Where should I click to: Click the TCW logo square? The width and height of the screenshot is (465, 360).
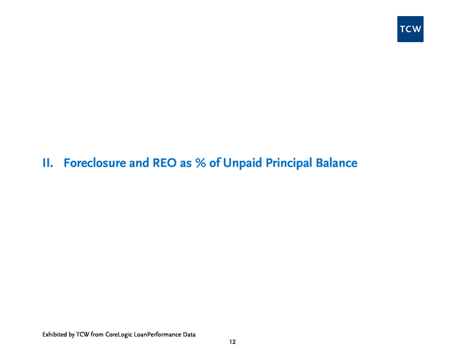(x=410, y=29)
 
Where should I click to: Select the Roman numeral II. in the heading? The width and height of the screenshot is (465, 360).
(x=48, y=163)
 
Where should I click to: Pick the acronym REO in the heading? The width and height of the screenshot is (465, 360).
(x=165, y=163)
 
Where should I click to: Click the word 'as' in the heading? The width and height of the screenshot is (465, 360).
(x=186, y=164)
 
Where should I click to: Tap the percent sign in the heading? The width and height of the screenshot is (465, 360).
(x=201, y=163)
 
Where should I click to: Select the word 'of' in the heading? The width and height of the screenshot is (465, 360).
(x=215, y=163)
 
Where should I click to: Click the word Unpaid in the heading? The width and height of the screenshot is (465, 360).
(x=243, y=163)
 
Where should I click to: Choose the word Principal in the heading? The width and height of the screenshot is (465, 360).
(x=289, y=164)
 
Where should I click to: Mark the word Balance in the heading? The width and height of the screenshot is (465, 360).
(x=336, y=163)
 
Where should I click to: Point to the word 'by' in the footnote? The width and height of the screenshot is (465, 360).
(x=71, y=335)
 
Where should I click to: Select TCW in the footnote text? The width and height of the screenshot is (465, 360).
(x=82, y=335)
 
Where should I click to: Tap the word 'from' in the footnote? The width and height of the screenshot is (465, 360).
(x=97, y=335)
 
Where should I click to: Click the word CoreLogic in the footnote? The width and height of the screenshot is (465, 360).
(x=118, y=335)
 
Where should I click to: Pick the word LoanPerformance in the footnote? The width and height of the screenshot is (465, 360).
(x=158, y=335)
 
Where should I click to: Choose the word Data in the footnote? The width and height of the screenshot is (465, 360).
(x=189, y=335)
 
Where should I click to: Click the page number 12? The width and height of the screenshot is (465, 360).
(x=232, y=342)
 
